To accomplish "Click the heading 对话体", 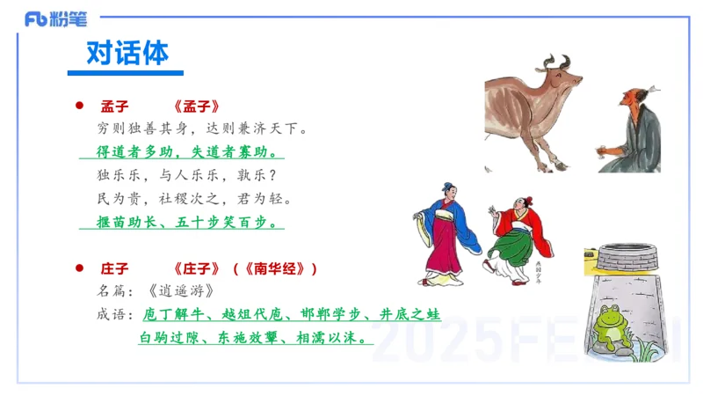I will pos(127,54).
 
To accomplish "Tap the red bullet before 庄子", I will pos(79,268).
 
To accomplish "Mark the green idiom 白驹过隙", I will pos(168,337).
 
